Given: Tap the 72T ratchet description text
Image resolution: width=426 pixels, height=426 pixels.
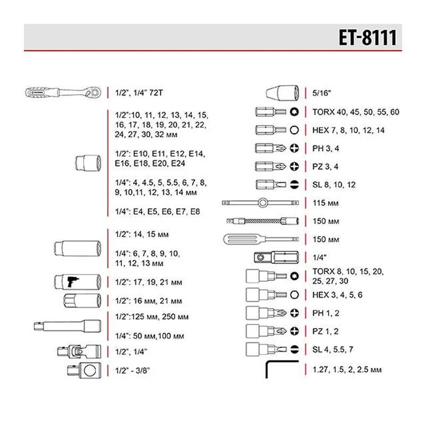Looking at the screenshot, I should [x=138, y=93].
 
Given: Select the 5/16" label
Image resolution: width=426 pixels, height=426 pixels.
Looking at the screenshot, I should [x=322, y=93].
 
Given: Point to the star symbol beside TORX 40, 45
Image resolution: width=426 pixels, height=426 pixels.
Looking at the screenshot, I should [x=294, y=112].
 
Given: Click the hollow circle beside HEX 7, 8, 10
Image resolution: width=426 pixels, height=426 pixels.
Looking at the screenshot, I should [x=294, y=130].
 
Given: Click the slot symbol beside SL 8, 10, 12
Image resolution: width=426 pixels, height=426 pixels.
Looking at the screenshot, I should [x=294, y=184].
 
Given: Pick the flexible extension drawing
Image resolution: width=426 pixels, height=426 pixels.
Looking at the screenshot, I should [x=261, y=220].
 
